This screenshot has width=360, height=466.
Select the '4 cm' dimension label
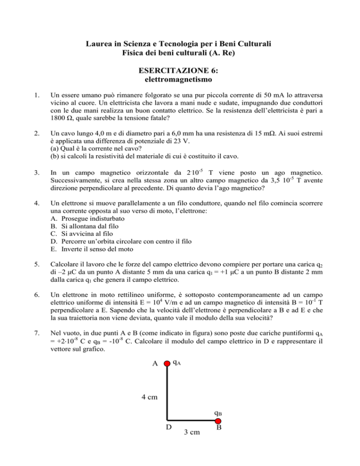(149, 398)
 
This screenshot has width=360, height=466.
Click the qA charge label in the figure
(178, 362)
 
